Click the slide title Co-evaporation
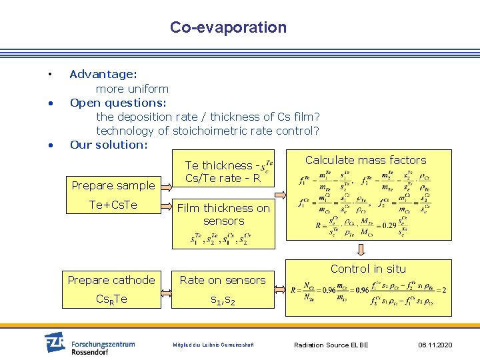coord(228,27)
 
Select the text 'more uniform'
coord(132,89)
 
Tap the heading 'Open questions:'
coord(118,103)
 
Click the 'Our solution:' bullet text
coord(108,145)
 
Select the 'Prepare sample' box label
coord(113,185)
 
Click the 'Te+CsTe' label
coord(113,205)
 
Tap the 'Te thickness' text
coord(219,165)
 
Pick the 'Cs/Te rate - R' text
coord(223,178)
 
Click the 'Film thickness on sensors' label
coord(223,215)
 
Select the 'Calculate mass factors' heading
coord(365,160)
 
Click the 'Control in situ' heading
coord(368,269)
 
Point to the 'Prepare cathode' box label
coord(111,280)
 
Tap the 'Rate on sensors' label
coord(223,280)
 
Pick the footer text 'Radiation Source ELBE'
coord(331,345)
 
